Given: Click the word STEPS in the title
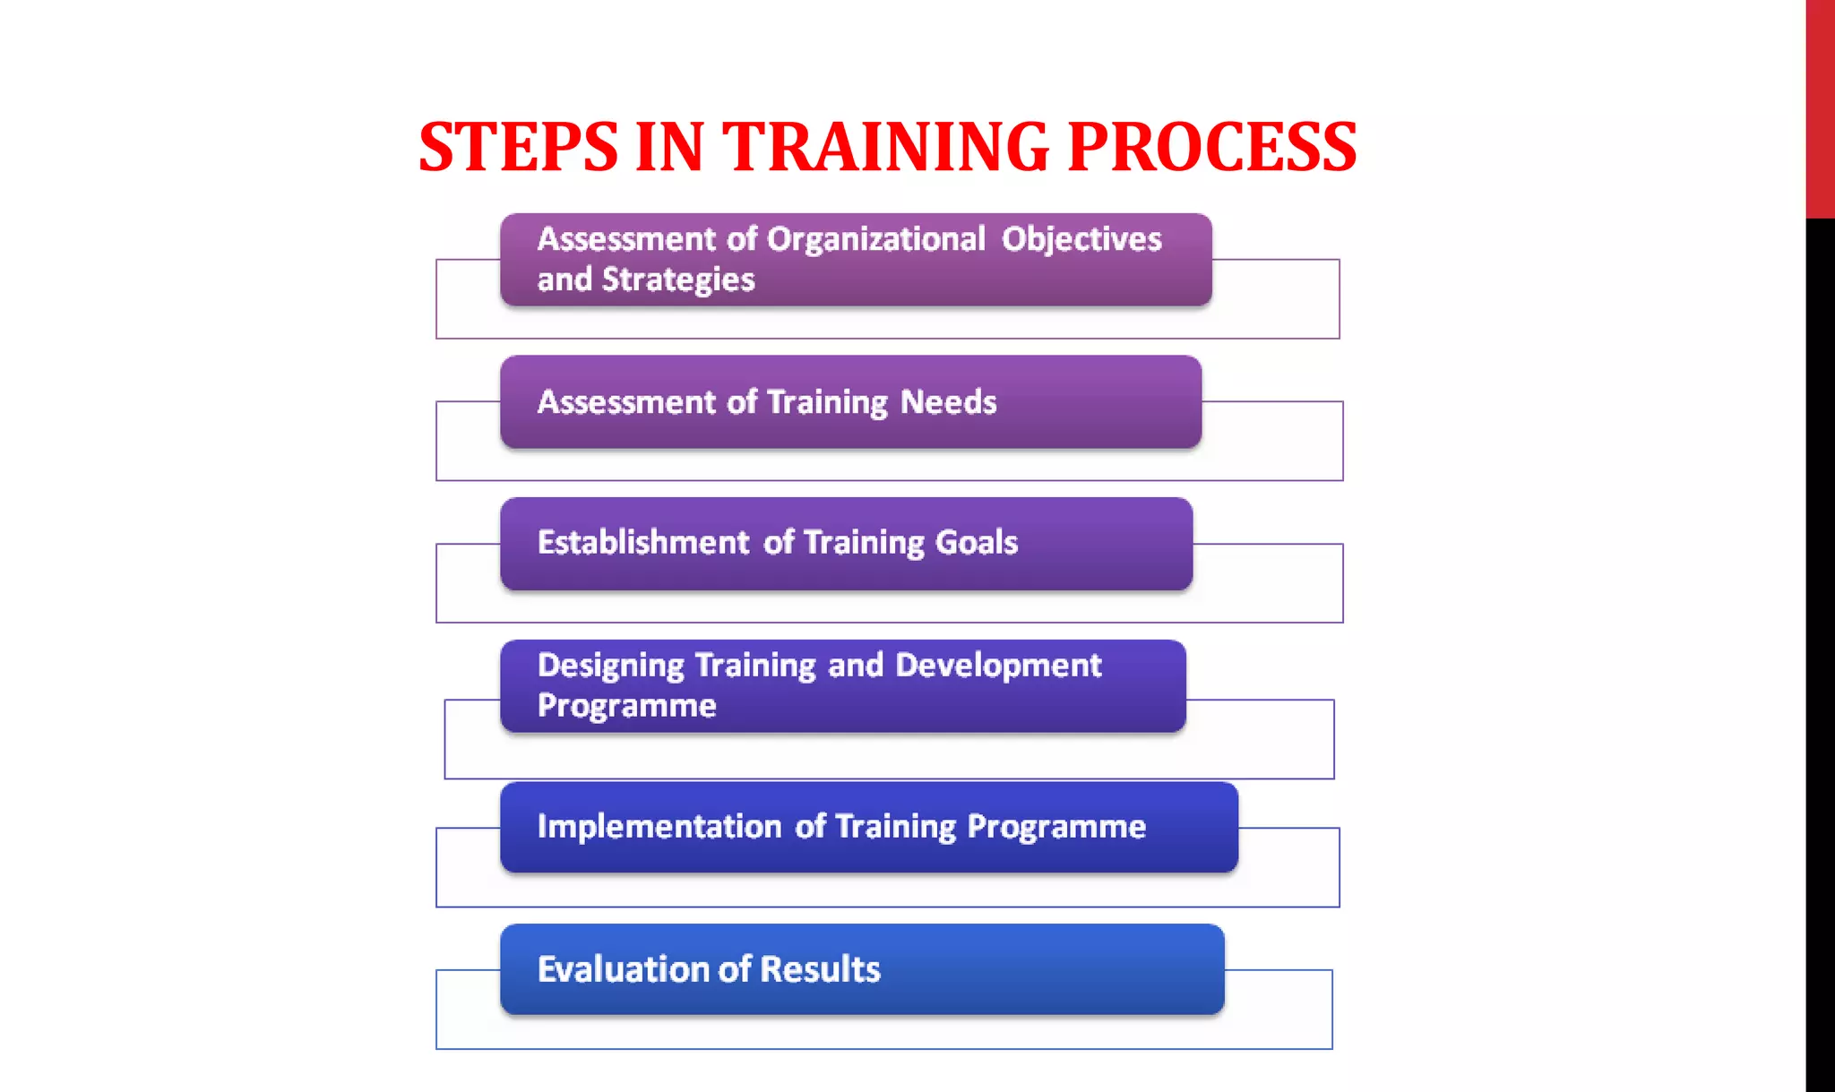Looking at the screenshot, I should click(x=518, y=147).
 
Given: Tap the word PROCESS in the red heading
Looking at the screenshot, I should click(x=1211, y=147).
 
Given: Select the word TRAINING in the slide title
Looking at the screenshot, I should click(x=885, y=147).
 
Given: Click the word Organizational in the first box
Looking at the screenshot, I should click(x=875, y=239).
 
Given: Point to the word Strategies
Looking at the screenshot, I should click(x=678, y=279).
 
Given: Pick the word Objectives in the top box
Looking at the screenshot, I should click(x=1081, y=239).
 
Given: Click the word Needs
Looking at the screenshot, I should click(x=948, y=402).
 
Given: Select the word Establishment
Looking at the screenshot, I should click(x=642, y=542).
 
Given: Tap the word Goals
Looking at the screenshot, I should click(x=976, y=542).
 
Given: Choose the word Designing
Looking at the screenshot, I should click(x=610, y=666).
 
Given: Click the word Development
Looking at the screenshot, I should click(x=997, y=666).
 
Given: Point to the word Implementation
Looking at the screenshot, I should click(x=659, y=826).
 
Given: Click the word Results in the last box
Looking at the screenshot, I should click(x=820, y=969).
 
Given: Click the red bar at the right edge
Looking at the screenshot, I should click(x=1820, y=107).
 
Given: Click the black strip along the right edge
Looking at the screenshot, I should click(x=1820, y=654).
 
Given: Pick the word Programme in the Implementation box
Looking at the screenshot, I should click(x=1055, y=826).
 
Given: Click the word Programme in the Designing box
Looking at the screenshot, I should click(x=626, y=706).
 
